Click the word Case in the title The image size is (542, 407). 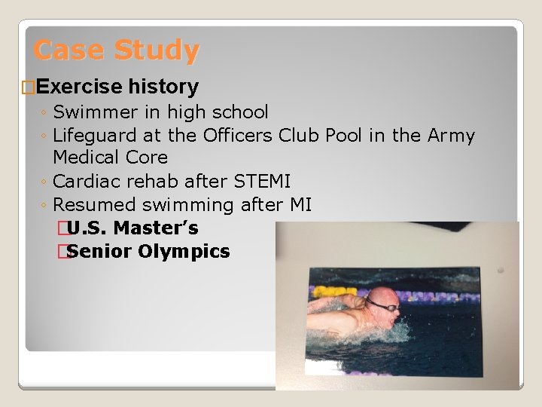click(x=70, y=50)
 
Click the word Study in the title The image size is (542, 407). click(x=157, y=50)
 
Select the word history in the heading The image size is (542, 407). click(x=163, y=87)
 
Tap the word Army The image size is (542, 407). click(x=451, y=136)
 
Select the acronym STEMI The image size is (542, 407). click(x=261, y=182)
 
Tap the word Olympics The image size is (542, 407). click(x=184, y=251)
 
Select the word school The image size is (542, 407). click(x=240, y=112)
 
